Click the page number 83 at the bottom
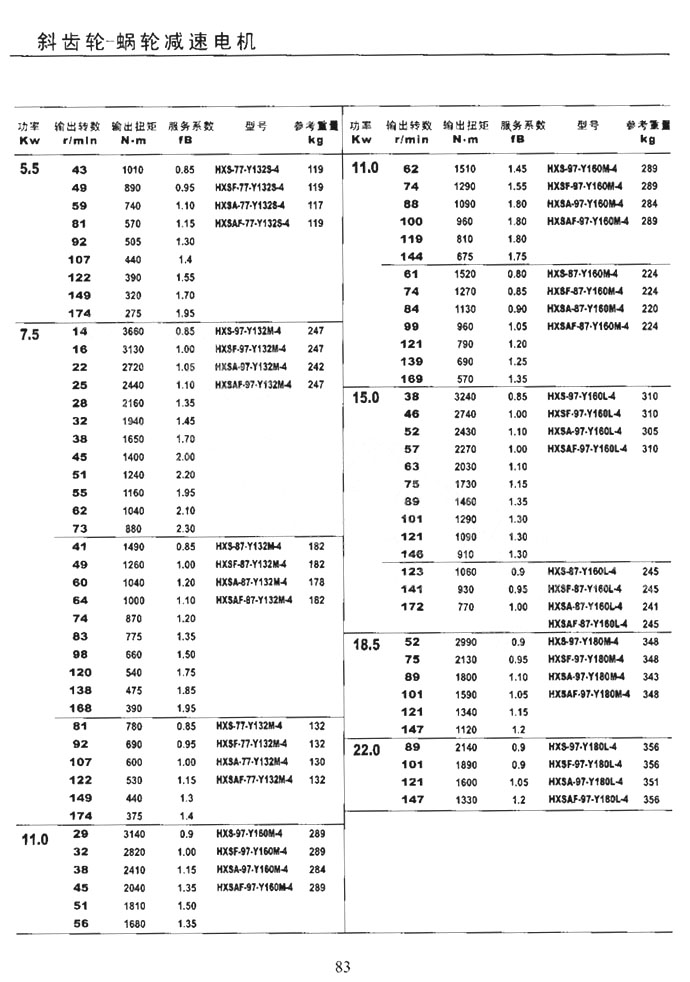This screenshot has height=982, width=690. point(343,966)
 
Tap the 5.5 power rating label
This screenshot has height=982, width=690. point(30,169)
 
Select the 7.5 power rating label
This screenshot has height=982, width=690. point(30,334)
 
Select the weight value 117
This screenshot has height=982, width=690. point(316,205)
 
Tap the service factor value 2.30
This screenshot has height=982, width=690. point(185,528)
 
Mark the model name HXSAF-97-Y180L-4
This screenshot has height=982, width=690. point(589,799)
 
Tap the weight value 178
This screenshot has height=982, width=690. point(316,582)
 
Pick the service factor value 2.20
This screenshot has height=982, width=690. point(185,475)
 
